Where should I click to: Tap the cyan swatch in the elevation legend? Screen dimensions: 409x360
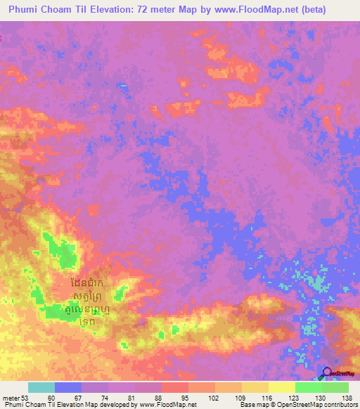pyautogui.click(x=41, y=387)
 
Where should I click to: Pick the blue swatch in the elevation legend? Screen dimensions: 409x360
pyautogui.click(x=68, y=387)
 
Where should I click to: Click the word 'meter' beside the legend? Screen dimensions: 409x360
pyautogui.click(x=11, y=398)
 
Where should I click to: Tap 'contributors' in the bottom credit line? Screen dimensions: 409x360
pyautogui.click(x=340, y=405)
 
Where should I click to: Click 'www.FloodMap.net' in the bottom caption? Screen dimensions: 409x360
pyautogui.click(x=168, y=405)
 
